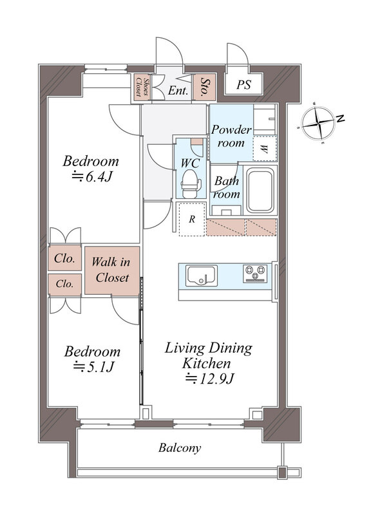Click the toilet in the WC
191,183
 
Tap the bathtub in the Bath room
260,190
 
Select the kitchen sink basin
201,276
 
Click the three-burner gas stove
256,273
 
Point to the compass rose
319,123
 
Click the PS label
243,84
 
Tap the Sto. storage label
204,86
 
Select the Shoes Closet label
142,87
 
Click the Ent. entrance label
178,90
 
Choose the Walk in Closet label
111,270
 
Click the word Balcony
180,447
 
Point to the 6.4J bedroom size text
92,176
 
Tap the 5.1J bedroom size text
93,367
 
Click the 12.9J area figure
209,379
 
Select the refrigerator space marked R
192,219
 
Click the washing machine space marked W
265,149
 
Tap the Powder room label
231,136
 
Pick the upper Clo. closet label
64,258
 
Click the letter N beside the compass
341,118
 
